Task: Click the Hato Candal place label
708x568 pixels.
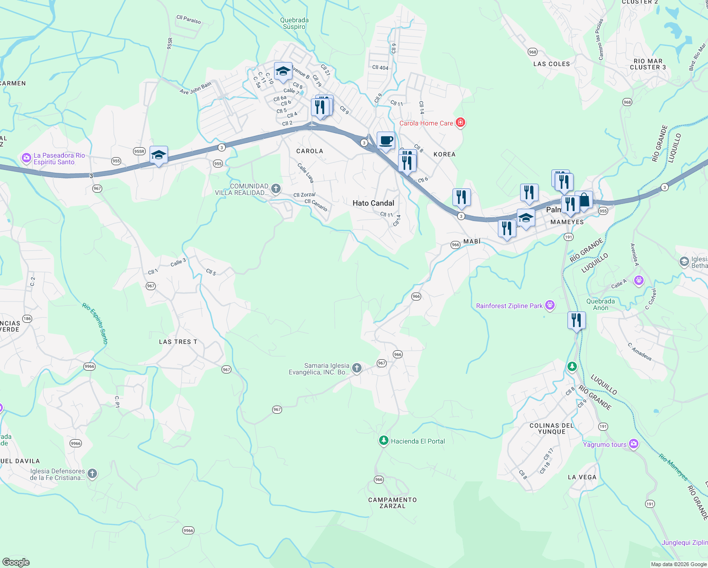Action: click(x=373, y=203)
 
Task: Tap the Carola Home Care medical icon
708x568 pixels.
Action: click(x=460, y=123)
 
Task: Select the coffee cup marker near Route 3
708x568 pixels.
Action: click(x=386, y=141)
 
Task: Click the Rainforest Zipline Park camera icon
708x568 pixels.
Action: click(x=550, y=305)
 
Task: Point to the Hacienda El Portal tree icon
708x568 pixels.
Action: click(x=383, y=441)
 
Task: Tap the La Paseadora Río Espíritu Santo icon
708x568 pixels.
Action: click(x=27, y=158)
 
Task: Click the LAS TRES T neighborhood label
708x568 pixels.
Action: click(x=178, y=342)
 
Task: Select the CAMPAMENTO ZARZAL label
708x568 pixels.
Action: click(x=392, y=503)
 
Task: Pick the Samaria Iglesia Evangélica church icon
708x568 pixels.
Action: click(x=357, y=368)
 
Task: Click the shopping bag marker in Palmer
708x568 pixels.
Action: click(x=584, y=200)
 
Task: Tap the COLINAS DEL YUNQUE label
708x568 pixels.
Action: click(x=551, y=428)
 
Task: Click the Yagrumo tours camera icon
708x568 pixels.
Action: click(x=634, y=444)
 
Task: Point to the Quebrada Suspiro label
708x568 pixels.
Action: click(x=294, y=23)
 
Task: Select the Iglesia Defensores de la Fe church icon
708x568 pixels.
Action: click(x=92, y=473)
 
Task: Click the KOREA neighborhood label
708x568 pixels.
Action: click(x=444, y=154)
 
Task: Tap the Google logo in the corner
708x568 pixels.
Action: click(x=16, y=562)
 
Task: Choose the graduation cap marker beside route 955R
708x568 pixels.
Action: click(x=159, y=155)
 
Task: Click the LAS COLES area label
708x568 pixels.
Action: click(x=551, y=64)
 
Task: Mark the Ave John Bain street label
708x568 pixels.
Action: click(x=195, y=89)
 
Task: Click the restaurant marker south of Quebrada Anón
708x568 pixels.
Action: click(x=576, y=320)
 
